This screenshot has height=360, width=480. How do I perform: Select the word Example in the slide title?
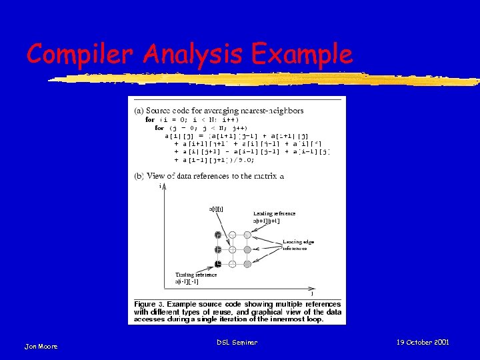(300, 53)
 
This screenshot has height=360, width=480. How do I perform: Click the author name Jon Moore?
(41, 346)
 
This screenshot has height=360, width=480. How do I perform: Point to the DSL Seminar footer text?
(237, 342)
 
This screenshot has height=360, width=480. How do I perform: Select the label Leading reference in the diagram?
(274, 214)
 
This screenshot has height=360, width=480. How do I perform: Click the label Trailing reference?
(196, 274)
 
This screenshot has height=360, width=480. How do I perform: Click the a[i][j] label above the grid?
(217, 209)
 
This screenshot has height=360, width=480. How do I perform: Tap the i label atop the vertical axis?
(161, 187)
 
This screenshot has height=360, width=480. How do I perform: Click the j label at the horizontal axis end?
(313, 293)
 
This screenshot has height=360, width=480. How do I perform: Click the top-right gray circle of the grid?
(247, 235)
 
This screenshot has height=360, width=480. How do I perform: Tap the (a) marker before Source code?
(139, 110)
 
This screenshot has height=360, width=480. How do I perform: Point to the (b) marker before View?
(139, 177)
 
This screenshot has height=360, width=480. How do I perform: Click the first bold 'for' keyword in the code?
(150, 119)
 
